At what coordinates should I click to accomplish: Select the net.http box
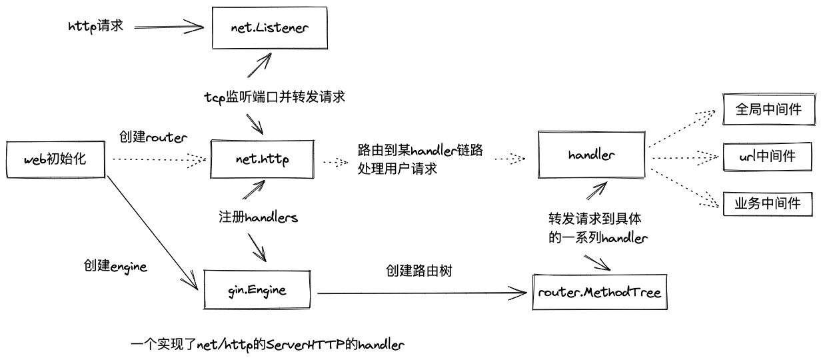point(261,159)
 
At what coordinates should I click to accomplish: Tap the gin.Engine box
point(257,290)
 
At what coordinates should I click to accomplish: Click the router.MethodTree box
point(600,292)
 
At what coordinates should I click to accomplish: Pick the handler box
point(591,155)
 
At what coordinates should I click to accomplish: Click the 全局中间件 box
point(768,109)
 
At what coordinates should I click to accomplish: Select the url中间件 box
point(768,157)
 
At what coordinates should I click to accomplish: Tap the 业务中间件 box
point(768,203)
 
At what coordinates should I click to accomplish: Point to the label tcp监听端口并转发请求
point(274,97)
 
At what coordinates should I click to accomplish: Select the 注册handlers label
point(258,217)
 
